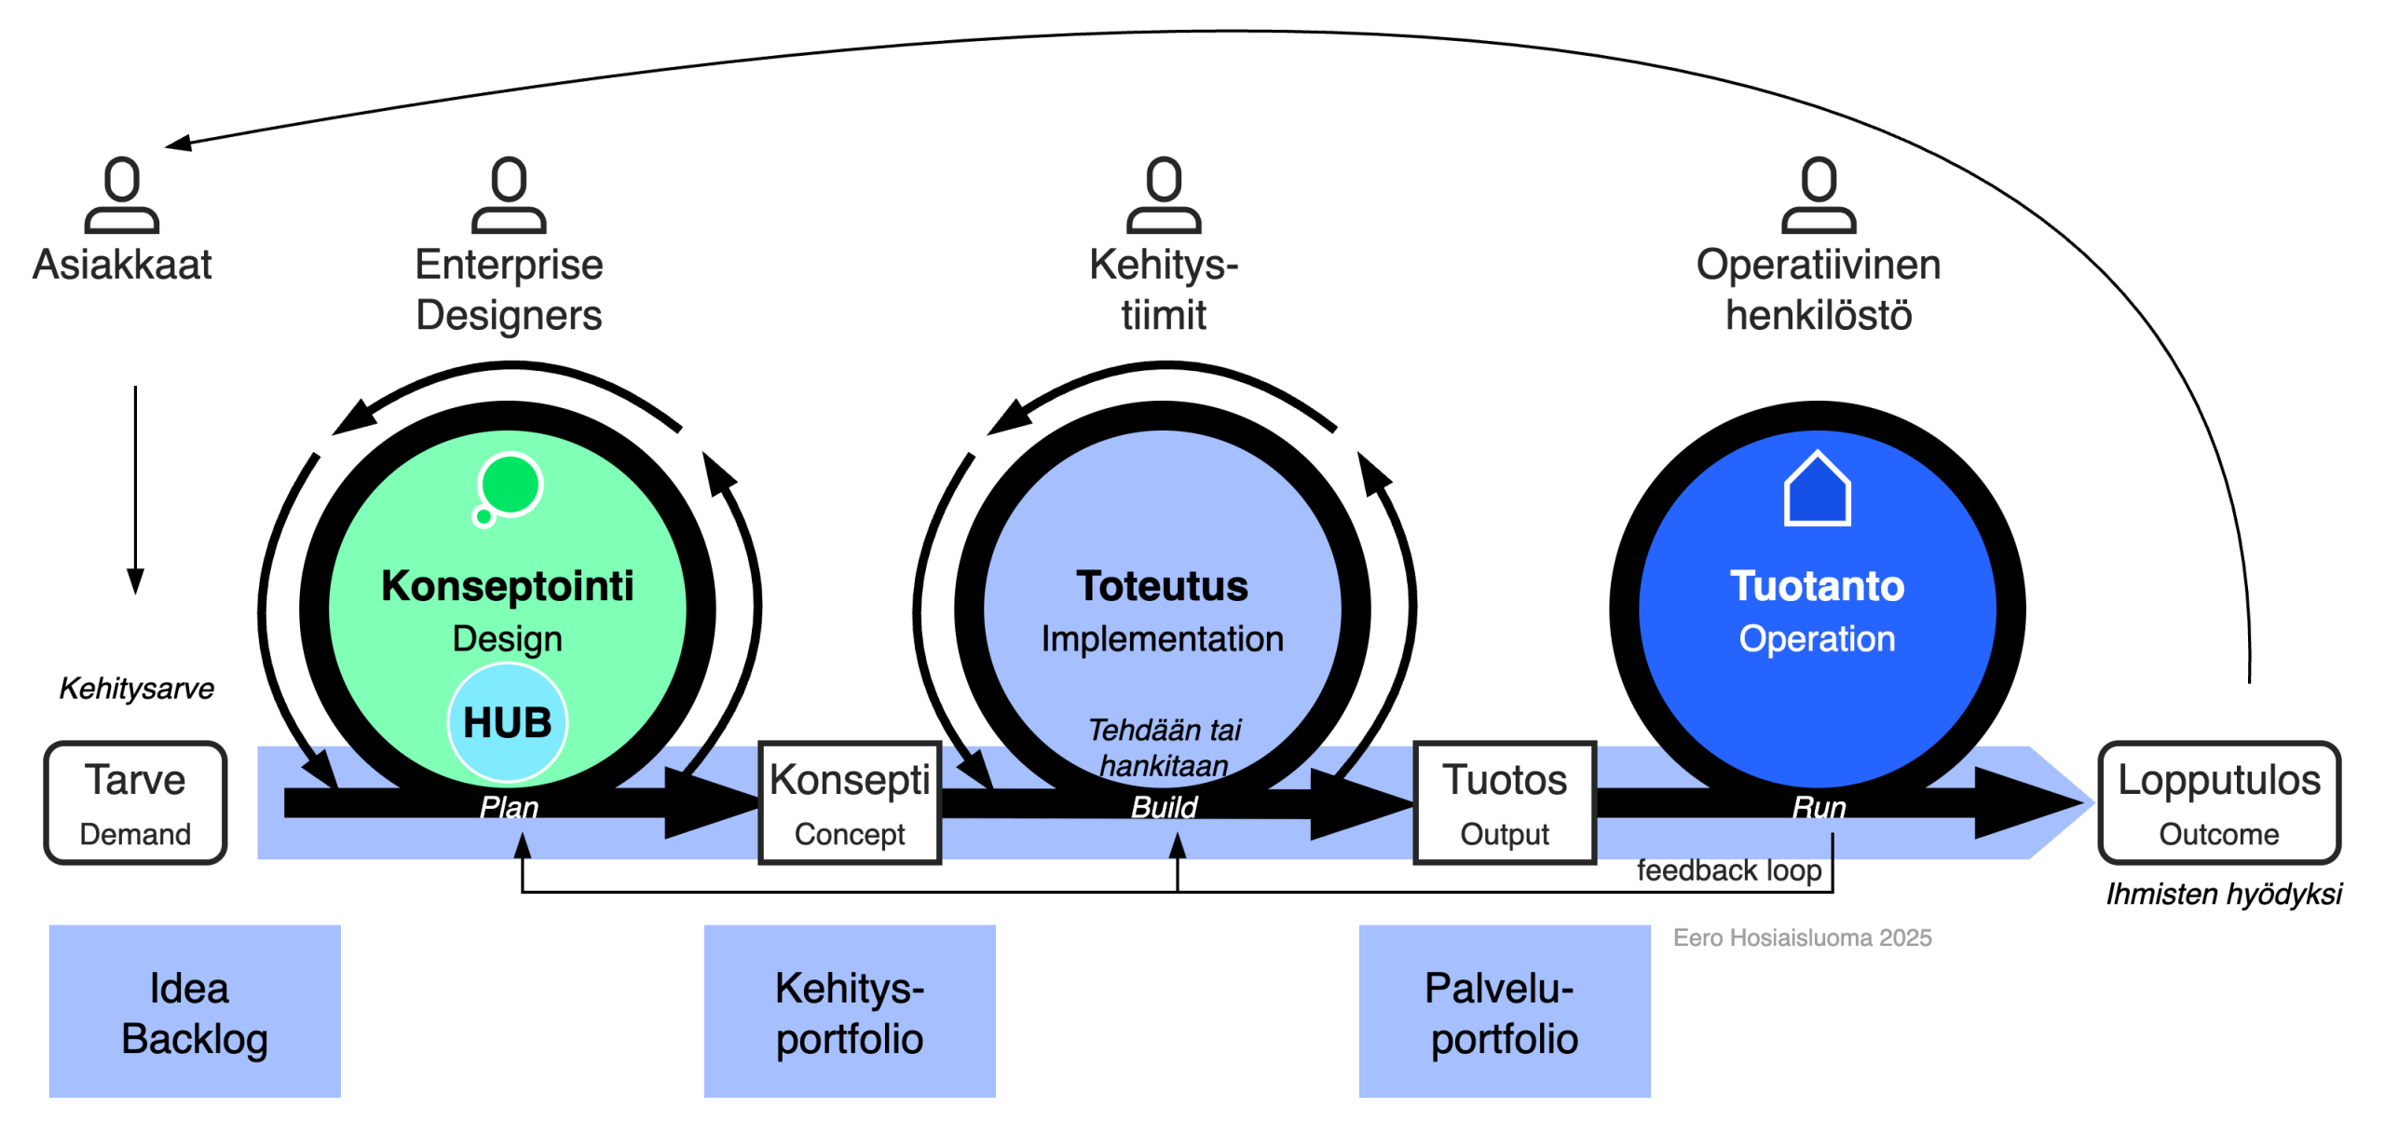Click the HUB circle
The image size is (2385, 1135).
click(508, 722)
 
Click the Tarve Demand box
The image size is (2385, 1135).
click(136, 803)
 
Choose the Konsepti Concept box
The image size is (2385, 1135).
click(850, 803)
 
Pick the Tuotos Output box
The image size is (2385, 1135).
click(1505, 803)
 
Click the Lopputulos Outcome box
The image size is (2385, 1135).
click(2219, 803)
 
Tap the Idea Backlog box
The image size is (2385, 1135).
click(195, 1012)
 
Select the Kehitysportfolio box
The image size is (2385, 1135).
click(850, 1012)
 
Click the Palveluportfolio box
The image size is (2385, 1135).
click(1505, 1012)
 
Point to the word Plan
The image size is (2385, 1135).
click(509, 807)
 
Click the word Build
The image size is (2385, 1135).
click(1164, 807)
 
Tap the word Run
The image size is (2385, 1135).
click(1819, 807)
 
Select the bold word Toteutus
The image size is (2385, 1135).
click(1162, 586)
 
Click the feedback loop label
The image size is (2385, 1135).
click(1729, 870)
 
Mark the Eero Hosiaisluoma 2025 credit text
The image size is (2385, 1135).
click(1802, 937)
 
